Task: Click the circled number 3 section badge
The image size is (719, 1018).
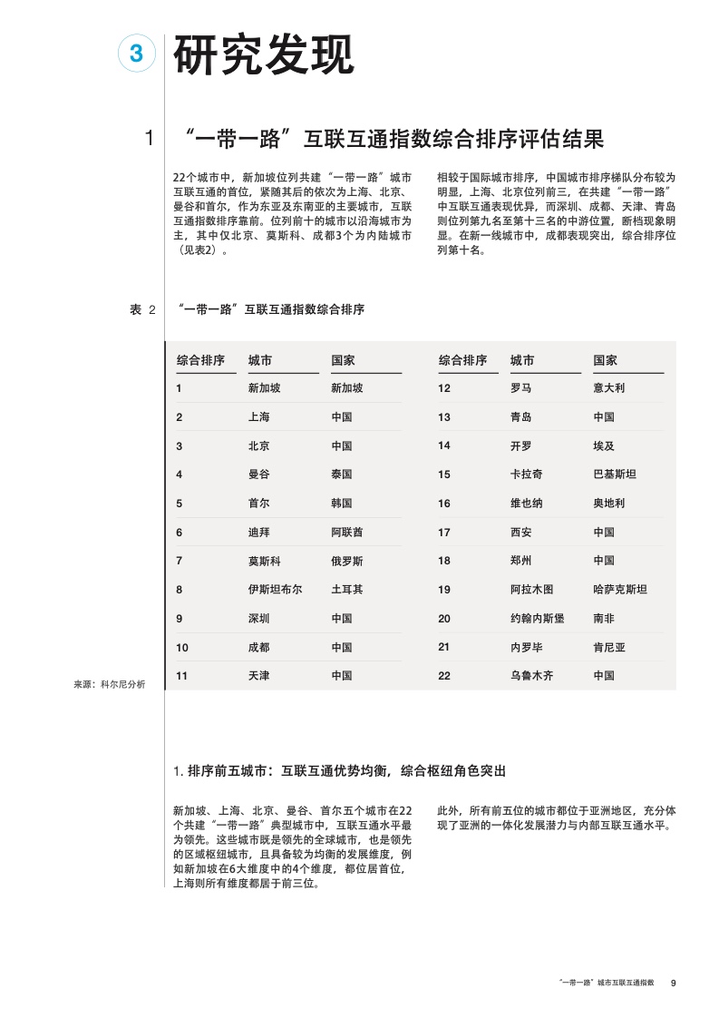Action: pyautogui.click(x=137, y=54)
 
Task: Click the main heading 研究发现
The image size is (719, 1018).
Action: pyautogui.click(x=263, y=55)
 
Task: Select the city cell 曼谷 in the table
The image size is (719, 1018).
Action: pyautogui.click(x=258, y=475)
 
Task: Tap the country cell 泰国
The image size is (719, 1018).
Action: pyautogui.click(x=342, y=475)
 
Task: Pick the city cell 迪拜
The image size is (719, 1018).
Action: pyautogui.click(x=258, y=533)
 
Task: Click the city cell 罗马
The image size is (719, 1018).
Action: pyautogui.click(x=520, y=388)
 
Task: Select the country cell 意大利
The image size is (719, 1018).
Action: pyautogui.click(x=609, y=388)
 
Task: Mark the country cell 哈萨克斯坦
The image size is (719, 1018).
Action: pyautogui.click(x=620, y=590)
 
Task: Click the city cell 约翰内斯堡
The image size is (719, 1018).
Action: pyautogui.click(x=537, y=619)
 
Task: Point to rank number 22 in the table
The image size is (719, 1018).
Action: pyautogui.click(x=444, y=676)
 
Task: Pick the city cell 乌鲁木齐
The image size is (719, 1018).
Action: pyautogui.click(x=531, y=676)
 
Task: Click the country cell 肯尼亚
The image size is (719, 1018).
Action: pyautogui.click(x=609, y=648)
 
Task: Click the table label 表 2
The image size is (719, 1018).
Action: pyautogui.click(x=143, y=310)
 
